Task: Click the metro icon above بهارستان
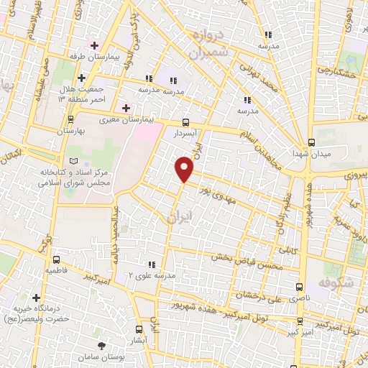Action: (x=70, y=120)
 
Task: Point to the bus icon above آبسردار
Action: (x=187, y=121)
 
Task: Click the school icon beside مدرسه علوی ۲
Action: (x=152, y=264)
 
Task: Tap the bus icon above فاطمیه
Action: (x=55, y=259)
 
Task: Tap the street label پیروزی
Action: (x=354, y=175)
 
